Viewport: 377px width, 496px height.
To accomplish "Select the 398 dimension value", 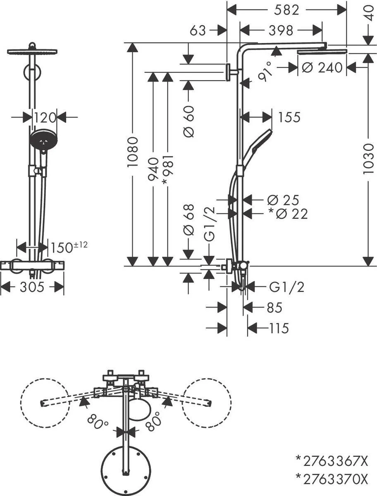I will point(281,30).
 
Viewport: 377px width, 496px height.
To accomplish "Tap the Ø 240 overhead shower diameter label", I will point(322,67).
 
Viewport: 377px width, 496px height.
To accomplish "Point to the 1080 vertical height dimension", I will point(133,152).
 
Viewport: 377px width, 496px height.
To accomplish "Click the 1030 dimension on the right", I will point(368,159).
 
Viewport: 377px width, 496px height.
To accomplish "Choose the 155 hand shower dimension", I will point(289,117).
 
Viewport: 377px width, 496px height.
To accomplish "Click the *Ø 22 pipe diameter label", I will point(288,214).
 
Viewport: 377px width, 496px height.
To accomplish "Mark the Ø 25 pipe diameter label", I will point(288,200).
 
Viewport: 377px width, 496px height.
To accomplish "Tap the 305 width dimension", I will point(32,287).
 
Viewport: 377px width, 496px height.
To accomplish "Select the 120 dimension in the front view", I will point(45,118).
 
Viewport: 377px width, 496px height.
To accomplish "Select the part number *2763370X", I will point(332,479).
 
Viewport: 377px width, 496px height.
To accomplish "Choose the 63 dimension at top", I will point(198,30).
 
